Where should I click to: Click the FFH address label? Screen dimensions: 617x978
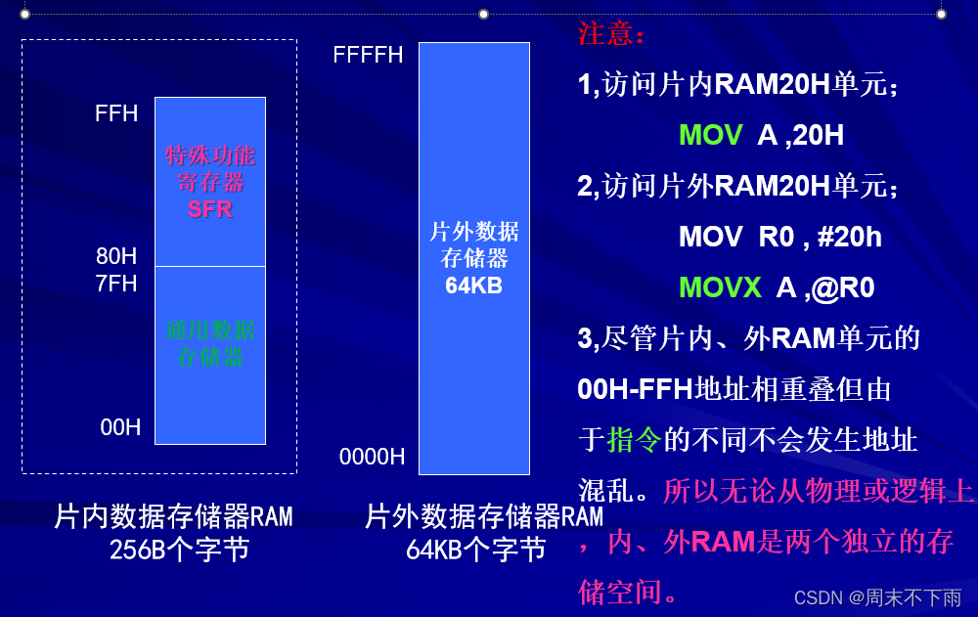click(x=116, y=113)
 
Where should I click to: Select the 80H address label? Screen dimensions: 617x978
click(x=116, y=257)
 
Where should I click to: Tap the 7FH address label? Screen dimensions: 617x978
click(x=116, y=285)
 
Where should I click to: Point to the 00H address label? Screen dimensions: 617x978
click(x=120, y=427)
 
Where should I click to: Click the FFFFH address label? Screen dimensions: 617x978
click(x=368, y=55)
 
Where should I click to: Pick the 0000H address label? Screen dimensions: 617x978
click(x=372, y=457)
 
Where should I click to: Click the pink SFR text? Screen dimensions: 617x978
click(x=209, y=208)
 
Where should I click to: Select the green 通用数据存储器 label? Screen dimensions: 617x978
click(x=209, y=343)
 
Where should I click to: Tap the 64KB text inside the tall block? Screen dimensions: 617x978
click(x=474, y=286)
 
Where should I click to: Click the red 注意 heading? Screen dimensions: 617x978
click(x=611, y=34)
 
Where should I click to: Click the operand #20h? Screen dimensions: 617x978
click(x=849, y=237)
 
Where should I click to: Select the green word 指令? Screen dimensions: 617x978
click(x=634, y=440)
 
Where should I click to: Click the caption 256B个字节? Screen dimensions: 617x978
click(x=179, y=550)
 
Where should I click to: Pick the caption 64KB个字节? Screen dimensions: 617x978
click(x=475, y=550)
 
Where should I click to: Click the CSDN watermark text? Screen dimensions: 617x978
click(x=877, y=597)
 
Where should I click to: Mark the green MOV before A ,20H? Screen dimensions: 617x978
click(x=710, y=135)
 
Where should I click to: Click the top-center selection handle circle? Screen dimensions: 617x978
click(x=483, y=14)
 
